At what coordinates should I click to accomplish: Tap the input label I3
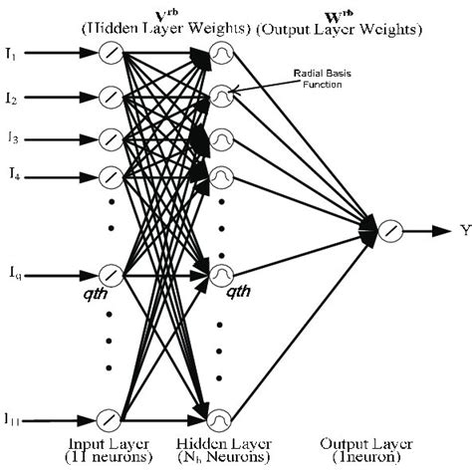[x=12, y=137]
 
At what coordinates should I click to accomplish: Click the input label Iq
[x=13, y=271]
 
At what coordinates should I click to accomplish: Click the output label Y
[x=464, y=231]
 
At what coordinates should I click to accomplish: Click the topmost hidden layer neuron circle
[x=224, y=58]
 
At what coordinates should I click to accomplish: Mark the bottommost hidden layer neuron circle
[x=224, y=418]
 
